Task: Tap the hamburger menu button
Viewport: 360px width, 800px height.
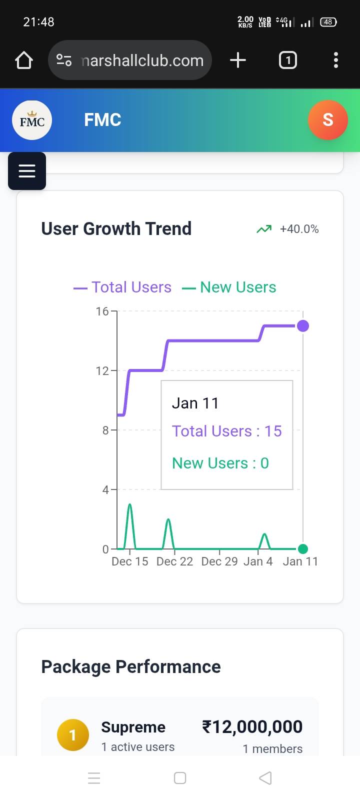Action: [x=27, y=171]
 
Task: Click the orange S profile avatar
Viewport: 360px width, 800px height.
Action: [x=327, y=120]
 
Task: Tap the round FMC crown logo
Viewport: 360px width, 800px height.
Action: [x=32, y=120]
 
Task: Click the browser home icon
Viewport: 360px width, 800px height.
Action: [x=24, y=60]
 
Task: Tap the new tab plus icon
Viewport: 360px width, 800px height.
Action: [x=238, y=60]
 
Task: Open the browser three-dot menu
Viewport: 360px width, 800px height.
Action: [x=336, y=60]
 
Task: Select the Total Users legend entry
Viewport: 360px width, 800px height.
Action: [x=122, y=287]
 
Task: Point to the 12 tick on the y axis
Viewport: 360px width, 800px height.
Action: [x=102, y=371]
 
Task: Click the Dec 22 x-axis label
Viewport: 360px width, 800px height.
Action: [x=174, y=561]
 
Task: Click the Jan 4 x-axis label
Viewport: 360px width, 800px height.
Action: [x=258, y=561]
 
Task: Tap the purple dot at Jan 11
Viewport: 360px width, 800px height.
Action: [x=303, y=326]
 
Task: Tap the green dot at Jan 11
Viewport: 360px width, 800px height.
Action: [x=303, y=549]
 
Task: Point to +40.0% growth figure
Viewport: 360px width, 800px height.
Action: [x=299, y=229]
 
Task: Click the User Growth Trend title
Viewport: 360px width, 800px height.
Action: [x=116, y=228]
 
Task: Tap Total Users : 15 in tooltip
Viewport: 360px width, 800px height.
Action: [x=227, y=431]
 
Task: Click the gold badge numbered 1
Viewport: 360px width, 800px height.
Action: [x=73, y=735]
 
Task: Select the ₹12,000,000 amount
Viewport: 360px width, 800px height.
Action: [x=252, y=726]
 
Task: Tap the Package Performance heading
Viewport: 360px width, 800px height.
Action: [x=131, y=667]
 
